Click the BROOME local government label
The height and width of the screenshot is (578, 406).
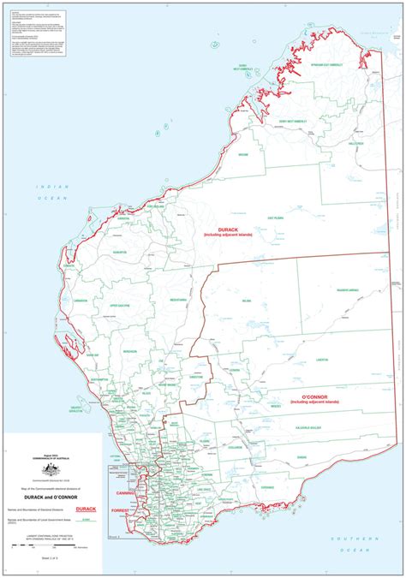coord(266,155)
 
